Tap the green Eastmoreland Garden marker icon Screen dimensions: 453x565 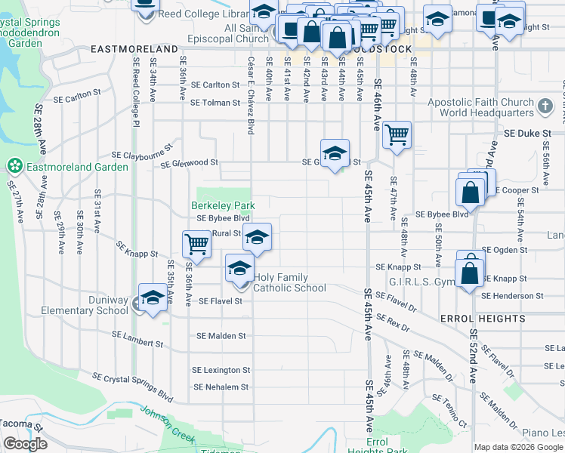(14, 165)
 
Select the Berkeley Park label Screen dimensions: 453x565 (223, 205)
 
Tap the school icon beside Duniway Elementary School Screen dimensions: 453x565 (152, 299)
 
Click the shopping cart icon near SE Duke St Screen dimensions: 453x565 (397, 136)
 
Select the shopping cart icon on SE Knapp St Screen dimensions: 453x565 (196, 244)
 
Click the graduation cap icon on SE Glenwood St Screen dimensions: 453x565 (335, 154)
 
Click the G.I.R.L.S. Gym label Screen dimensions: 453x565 (419, 282)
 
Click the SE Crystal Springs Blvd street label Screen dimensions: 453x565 (133, 385)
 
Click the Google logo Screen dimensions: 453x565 (25, 444)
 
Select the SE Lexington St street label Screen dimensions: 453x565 (221, 370)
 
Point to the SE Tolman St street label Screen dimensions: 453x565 (215, 103)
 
